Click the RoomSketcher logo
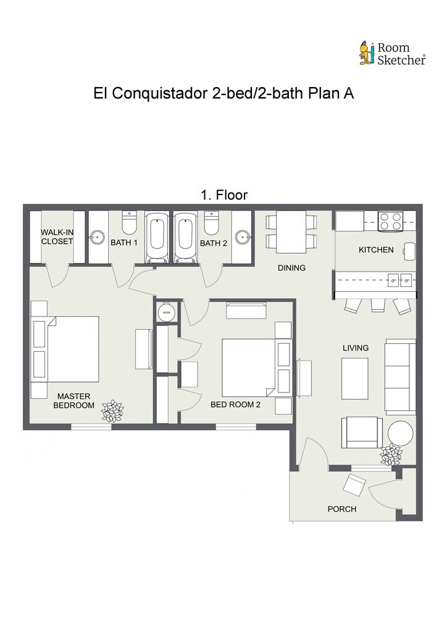click(393, 53)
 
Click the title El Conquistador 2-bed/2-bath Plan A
click(223, 94)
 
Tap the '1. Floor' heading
click(224, 195)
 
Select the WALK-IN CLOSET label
click(57, 237)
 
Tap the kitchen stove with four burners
click(391, 222)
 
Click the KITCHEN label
click(376, 250)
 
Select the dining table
click(291, 232)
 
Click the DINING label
click(291, 268)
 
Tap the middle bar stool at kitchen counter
click(378, 305)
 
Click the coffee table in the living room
click(354, 378)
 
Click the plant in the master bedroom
click(113, 410)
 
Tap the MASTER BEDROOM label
click(73, 401)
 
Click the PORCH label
click(342, 509)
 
